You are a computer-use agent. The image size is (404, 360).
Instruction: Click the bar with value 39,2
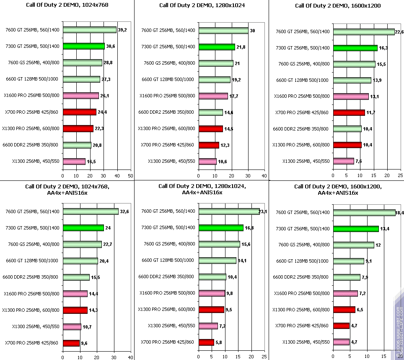click(90, 30)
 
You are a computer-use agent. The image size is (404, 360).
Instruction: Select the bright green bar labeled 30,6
click(84, 46)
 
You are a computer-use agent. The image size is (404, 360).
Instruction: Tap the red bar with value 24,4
click(80, 112)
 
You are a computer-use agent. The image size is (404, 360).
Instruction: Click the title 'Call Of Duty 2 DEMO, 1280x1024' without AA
click(202, 5)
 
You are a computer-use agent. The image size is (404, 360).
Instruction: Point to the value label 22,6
click(400, 32)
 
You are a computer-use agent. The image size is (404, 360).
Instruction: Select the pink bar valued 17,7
click(213, 96)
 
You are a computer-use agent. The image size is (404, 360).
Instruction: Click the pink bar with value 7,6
click(343, 161)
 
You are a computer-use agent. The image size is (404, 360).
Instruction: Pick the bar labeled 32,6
click(91, 211)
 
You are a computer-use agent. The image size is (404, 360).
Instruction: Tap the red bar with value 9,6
click(71, 343)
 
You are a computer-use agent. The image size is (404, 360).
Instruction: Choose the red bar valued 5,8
click(206, 342)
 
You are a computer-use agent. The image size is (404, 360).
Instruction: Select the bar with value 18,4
click(364, 213)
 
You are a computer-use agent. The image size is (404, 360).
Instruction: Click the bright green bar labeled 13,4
click(356, 229)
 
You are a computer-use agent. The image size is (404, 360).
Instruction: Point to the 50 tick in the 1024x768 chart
click(130, 176)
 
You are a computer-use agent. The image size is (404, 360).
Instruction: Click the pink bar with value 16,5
click(74, 162)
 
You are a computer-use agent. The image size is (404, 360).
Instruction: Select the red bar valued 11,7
click(349, 112)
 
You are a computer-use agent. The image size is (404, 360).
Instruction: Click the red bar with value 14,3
click(75, 310)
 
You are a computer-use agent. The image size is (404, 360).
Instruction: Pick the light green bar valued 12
click(353, 245)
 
